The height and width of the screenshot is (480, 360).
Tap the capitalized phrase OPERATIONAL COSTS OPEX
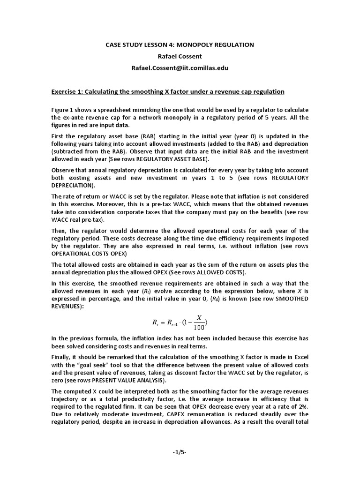(x=90, y=253)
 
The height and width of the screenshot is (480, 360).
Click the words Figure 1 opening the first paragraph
(x=63, y=109)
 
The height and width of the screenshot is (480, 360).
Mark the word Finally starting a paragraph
(x=63, y=355)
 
